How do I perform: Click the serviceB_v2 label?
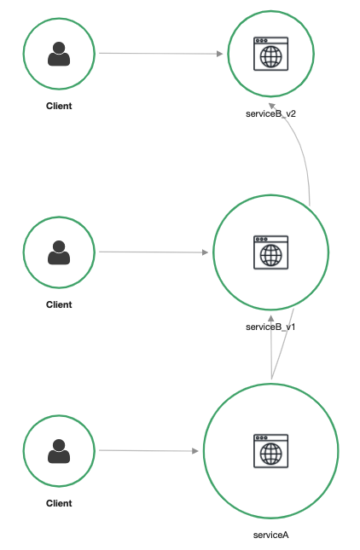[270, 113]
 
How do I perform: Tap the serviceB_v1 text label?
[270, 327]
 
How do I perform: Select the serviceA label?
[270, 535]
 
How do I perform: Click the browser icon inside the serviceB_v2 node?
[271, 54]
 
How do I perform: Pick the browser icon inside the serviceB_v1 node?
[271, 252]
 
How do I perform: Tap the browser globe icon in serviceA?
[271, 451]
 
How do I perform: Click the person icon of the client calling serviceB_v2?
[59, 54]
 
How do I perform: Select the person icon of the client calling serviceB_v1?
[59, 252]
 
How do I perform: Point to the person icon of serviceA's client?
[59, 451]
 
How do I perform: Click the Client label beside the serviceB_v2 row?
[59, 106]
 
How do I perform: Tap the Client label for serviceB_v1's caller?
[59, 304]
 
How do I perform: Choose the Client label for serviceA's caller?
[59, 503]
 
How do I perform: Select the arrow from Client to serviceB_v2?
[161, 54]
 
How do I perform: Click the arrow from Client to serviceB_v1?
[154, 252]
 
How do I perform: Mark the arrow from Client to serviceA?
[148, 450]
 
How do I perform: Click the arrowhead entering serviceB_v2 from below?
[272, 106]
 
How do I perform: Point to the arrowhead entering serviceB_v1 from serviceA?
[271, 319]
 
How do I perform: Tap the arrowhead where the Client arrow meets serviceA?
[195, 451]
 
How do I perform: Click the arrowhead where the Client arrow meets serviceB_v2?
[220, 54]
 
